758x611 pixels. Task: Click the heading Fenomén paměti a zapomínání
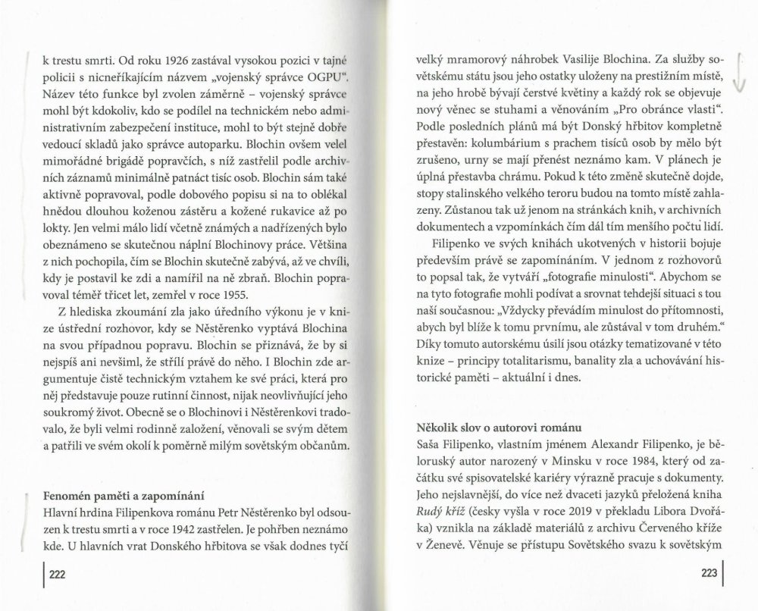click(x=122, y=497)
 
